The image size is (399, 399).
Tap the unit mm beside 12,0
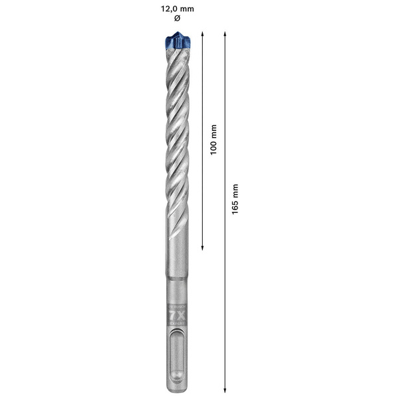pyautogui.click(x=188, y=9)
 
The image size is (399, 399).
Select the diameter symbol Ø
pyautogui.click(x=177, y=18)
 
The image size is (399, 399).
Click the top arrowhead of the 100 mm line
pyautogui.click(x=202, y=34)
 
